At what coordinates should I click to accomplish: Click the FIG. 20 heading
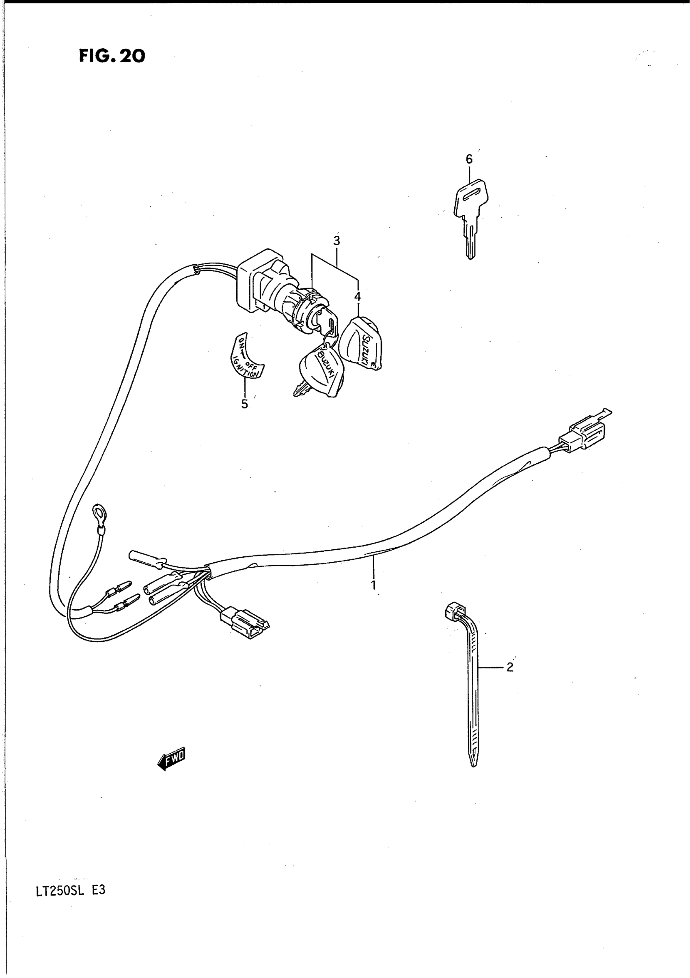tap(112, 56)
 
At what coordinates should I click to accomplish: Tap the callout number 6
tap(469, 159)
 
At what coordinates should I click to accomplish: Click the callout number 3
tap(336, 241)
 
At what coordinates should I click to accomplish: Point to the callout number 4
tap(357, 296)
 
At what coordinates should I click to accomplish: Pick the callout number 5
tap(244, 404)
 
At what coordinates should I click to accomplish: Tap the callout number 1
tap(373, 585)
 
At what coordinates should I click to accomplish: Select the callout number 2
tap(510, 667)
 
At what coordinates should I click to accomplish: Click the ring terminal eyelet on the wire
tap(99, 511)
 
